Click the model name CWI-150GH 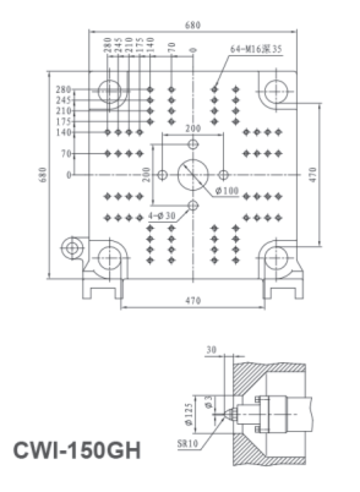(77, 450)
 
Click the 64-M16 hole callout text (256, 49)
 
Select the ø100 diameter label (227, 190)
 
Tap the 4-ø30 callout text (162, 215)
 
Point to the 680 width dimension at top (193, 25)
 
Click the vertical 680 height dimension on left (43, 175)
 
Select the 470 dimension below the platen (193, 300)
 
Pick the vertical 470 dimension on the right (313, 175)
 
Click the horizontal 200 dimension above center (193, 129)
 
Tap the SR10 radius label (188, 444)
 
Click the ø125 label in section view (189, 414)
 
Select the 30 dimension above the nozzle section (212, 349)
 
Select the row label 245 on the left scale (64, 100)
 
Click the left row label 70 (67, 154)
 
